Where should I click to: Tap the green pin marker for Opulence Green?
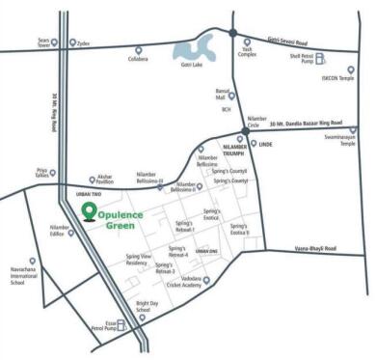(89, 211)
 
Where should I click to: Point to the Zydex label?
(84, 44)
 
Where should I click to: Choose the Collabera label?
(138, 60)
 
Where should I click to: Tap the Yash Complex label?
(247, 54)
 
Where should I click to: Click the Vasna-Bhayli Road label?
(313, 249)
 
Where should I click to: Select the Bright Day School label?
(148, 306)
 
